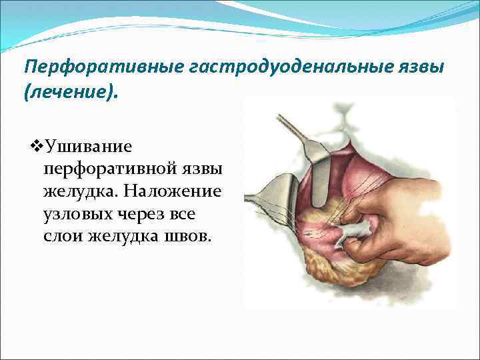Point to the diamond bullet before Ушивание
[37, 145]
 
